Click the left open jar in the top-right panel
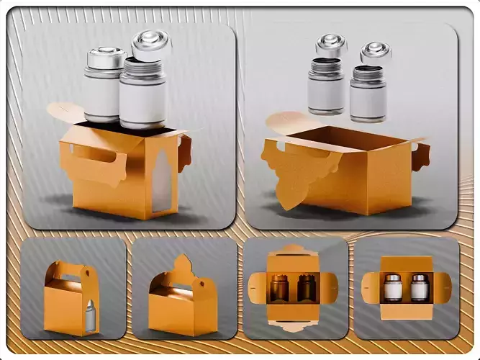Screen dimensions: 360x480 pos(326,86)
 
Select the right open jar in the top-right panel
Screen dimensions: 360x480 pos(367,94)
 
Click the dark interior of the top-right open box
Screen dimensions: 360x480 pos(338,138)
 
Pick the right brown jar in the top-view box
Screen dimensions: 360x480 pos(307,288)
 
